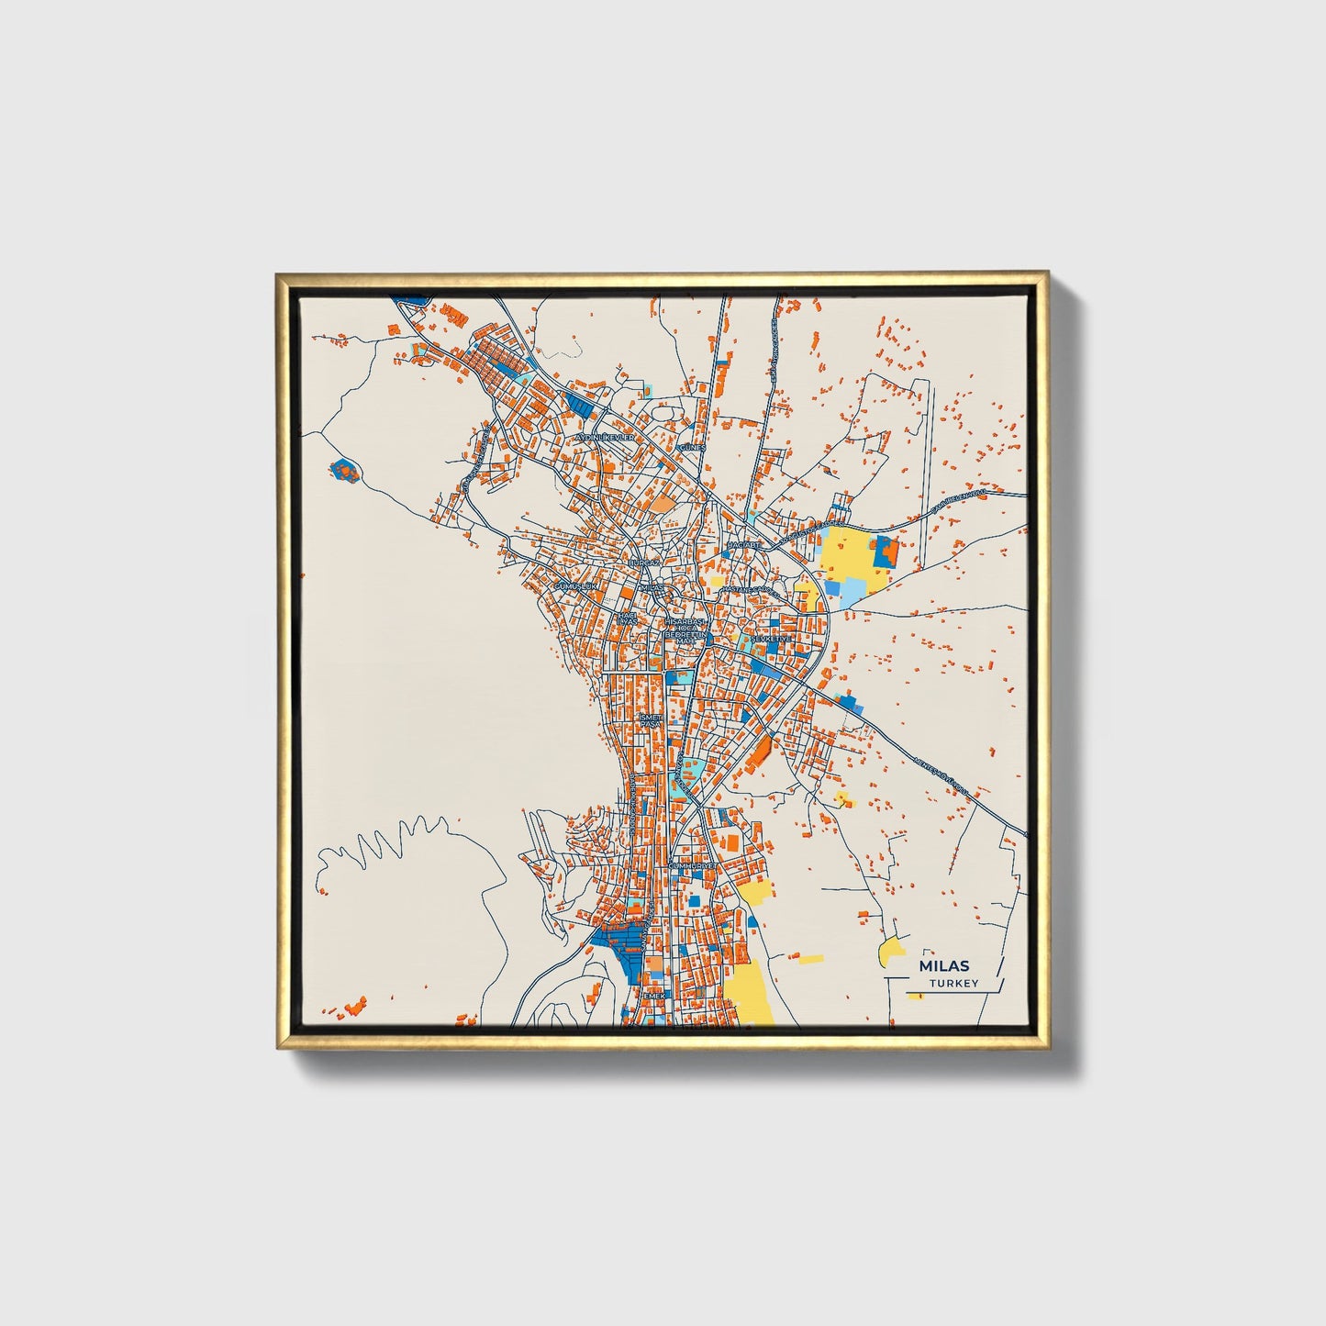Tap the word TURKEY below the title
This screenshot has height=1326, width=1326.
tap(953, 984)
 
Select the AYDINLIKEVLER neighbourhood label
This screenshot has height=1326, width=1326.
tap(605, 439)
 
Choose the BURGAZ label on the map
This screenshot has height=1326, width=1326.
tap(644, 562)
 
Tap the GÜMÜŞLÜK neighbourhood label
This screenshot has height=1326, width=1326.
tap(575, 585)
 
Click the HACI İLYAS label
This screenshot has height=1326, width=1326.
tap(626, 618)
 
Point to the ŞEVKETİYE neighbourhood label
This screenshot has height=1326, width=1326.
tap(771, 639)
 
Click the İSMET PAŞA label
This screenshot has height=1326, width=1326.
tap(650, 720)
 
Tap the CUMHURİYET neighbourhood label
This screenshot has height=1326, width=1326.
tap(691, 865)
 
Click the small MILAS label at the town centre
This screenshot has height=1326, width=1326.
tap(651, 587)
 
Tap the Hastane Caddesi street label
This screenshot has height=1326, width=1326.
tap(749, 588)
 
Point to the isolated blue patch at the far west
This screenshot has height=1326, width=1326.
tap(344, 470)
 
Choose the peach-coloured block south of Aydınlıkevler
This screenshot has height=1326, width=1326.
tap(663, 503)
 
